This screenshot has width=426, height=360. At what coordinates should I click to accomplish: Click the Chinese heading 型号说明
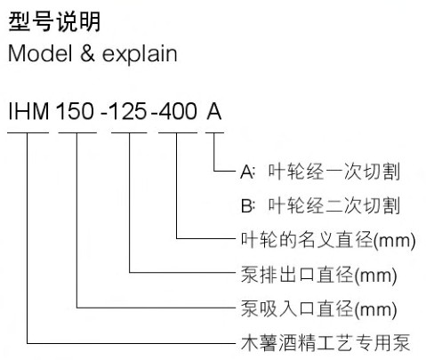point(54,21)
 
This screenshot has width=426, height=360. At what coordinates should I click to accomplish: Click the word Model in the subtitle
point(40,53)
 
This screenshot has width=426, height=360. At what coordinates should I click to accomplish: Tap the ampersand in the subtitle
point(87,53)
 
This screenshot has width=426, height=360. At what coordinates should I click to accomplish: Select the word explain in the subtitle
point(140,54)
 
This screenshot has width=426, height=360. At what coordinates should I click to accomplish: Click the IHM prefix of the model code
point(28,111)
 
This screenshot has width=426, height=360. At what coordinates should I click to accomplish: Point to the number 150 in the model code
point(75,111)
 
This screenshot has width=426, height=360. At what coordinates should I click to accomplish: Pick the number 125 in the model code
point(128,111)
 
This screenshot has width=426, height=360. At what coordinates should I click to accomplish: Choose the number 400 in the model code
point(178,111)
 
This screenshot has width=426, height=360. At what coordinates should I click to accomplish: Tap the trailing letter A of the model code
point(214,111)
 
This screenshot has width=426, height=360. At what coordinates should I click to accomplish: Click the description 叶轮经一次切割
point(334,172)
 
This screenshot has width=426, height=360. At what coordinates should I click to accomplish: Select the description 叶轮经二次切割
point(334,205)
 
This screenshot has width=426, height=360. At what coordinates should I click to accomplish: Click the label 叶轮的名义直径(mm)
point(328,240)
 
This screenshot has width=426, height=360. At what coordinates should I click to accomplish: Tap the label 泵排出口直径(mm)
point(318,275)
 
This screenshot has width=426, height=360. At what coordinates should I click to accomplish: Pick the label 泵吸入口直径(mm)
point(318,309)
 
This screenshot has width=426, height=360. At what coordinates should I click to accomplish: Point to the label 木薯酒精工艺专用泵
point(326,343)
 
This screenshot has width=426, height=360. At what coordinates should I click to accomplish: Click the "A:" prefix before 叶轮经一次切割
point(247,172)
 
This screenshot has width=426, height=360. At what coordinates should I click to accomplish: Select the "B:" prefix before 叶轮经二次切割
point(248,205)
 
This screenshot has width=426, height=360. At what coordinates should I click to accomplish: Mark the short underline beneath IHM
point(28,132)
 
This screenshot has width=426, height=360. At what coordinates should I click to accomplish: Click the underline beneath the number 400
point(178,132)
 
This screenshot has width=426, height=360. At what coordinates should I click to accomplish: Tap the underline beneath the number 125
point(129,132)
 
